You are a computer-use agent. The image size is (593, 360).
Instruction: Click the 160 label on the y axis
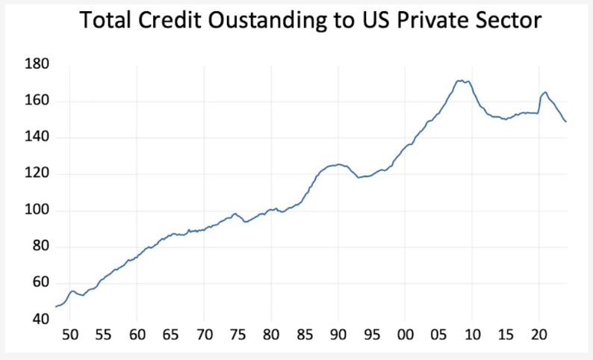37,101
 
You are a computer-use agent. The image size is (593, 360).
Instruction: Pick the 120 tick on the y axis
37,174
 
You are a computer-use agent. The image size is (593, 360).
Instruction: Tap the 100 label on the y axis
37,211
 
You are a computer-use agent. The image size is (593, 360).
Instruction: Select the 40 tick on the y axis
40,320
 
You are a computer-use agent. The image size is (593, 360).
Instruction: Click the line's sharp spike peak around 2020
545,92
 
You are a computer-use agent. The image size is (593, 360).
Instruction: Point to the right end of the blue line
566,122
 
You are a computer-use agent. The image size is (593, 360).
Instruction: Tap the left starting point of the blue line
56,306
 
